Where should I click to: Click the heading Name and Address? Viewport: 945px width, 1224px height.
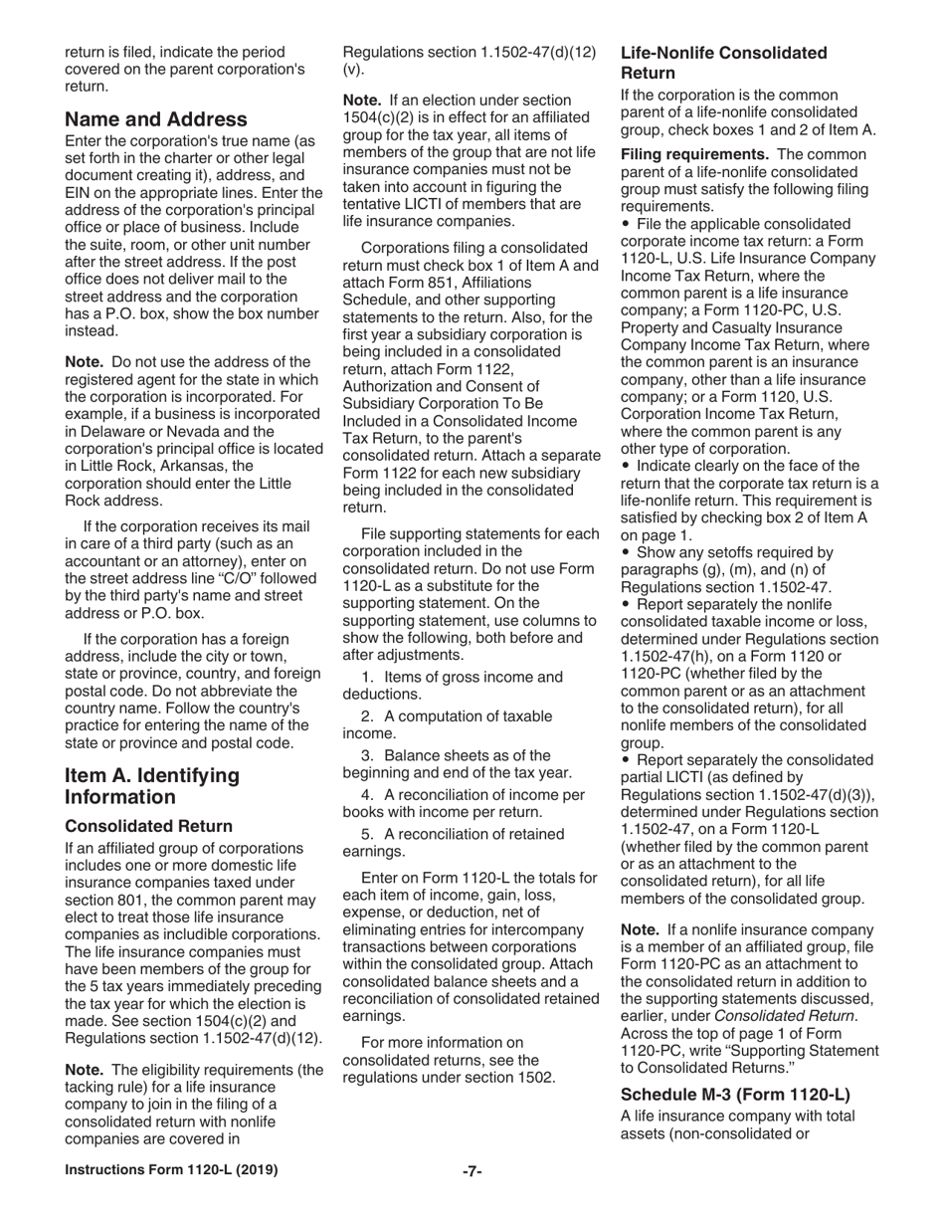point(156,120)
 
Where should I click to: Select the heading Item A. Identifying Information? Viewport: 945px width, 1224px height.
point(152,786)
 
